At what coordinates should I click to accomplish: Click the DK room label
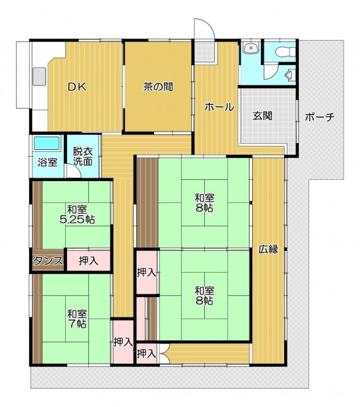click(x=77, y=87)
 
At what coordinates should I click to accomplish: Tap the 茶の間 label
click(x=158, y=87)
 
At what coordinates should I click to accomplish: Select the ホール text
click(x=219, y=107)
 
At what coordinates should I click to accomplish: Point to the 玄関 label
click(x=262, y=115)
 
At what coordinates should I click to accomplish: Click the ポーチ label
click(x=319, y=117)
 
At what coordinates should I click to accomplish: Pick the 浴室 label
click(x=47, y=162)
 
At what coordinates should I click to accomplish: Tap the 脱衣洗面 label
click(x=83, y=156)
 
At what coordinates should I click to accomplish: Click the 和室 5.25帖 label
click(x=77, y=214)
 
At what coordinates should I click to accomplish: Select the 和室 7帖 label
click(x=77, y=319)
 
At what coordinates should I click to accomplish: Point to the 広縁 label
click(x=268, y=249)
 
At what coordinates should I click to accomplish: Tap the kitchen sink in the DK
click(x=39, y=76)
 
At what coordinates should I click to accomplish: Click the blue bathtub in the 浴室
click(x=47, y=143)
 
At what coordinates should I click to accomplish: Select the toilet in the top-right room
click(x=286, y=51)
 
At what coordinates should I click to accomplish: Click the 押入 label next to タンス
click(x=89, y=261)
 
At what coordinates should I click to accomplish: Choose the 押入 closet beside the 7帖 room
click(x=123, y=343)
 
